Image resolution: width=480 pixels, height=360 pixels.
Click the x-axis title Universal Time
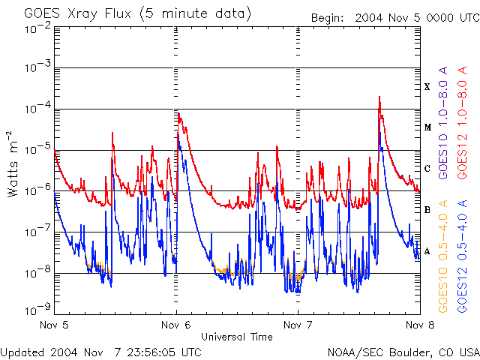pyautogui.click(x=236, y=337)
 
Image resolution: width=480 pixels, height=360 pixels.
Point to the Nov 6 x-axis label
pyautogui.click(x=176, y=325)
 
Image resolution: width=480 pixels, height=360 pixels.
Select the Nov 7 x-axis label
pyautogui.click(x=298, y=325)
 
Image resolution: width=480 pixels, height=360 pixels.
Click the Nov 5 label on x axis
pyautogui.click(x=55, y=325)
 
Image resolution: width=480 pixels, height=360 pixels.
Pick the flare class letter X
pyautogui.click(x=427, y=87)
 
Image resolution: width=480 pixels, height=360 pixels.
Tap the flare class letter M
pyautogui.click(x=427, y=127)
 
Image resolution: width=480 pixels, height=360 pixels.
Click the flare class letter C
pyautogui.click(x=427, y=169)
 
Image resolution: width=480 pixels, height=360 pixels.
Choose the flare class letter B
pyautogui.click(x=427, y=210)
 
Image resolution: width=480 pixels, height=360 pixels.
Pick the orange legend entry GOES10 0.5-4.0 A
pyautogui.click(x=444, y=255)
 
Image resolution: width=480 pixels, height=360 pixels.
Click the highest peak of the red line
pyautogui.click(x=380, y=97)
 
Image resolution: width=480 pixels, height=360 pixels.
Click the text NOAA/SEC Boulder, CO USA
pyautogui.click(x=403, y=352)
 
